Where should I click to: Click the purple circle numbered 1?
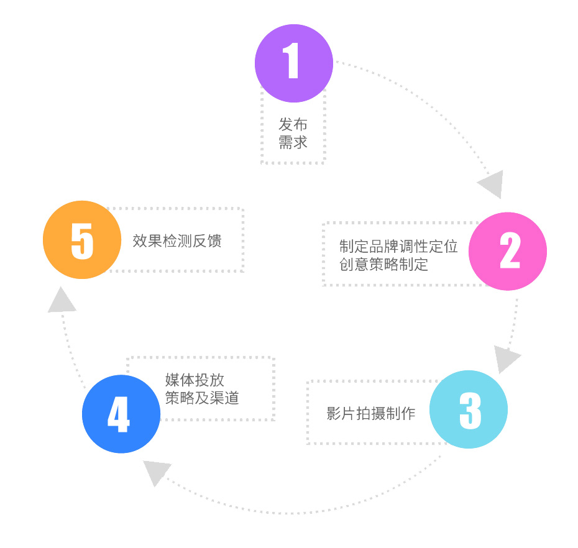point(293,63)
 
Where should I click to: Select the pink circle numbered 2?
point(507,251)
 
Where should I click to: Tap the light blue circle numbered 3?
point(469,409)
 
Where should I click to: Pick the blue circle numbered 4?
point(121,414)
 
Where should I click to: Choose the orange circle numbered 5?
point(81,240)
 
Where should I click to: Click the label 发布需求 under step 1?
point(293,134)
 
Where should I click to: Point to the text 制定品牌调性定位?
point(398,247)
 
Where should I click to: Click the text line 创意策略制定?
point(383,264)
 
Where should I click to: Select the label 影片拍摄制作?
point(370,414)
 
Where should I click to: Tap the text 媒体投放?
point(195,380)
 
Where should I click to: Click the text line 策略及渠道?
point(202,398)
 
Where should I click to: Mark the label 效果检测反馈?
point(177,241)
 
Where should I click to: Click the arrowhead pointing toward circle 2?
point(491,183)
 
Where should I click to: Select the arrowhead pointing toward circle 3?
point(506,359)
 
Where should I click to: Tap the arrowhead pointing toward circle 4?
point(156,472)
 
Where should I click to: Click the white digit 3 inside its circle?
point(470,409)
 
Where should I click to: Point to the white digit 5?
point(82,240)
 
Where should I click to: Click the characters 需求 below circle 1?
point(293,142)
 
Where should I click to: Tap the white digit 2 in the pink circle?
point(510,251)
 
